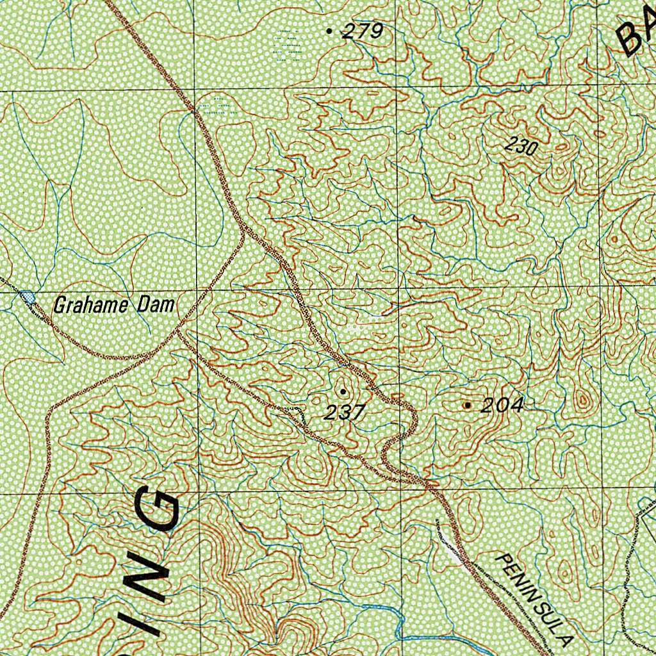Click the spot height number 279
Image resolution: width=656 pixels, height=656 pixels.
pyautogui.click(x=363, y=31)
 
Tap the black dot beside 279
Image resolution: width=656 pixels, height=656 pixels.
pyautogui.click(x=330, y=30)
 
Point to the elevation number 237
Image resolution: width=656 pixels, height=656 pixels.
pyautogui.click(x=344, y=413)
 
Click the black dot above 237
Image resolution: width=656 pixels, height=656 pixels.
pyautogui.click(x=343, y=391)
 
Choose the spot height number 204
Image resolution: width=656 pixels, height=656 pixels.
pyautogui.click(x=502, y=405)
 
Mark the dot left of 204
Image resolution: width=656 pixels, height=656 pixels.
pyautogui.click(x=468, y=405)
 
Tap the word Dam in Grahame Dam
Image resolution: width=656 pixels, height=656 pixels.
pyautogui.click(x=158, y=306)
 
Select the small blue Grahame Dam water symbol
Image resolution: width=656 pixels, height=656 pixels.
pyautogui.click(x=28, y=297)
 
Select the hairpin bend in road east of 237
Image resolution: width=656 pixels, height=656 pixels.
pyautogui.click(x=387, y=456)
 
